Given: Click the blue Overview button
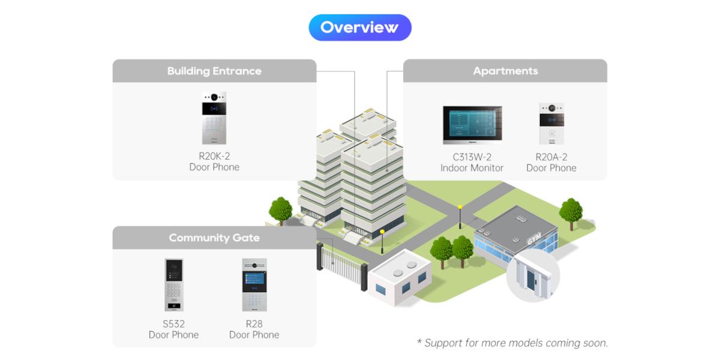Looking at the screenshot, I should (x=359, y=28).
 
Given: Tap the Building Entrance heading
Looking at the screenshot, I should (x=214, y=71).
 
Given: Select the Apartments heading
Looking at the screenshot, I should (x=505, y=71).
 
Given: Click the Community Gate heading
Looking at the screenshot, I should (x=214, y=238).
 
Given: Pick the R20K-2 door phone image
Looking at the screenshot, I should (x=214, y=118).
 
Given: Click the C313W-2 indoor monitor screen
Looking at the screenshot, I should (x=472, y=125).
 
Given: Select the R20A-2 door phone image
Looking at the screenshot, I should (x=551, y=124).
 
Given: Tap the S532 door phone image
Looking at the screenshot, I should (x=173, y=285).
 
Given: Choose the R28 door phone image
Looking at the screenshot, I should (x=254, y=285).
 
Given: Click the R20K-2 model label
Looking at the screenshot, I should (x=214, y=156).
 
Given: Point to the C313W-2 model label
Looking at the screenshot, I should (x=472, y=157).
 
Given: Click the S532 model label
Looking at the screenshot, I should (x=173, y=324).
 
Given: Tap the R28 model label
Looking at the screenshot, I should (x=254, y=324).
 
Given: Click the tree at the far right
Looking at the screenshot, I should (x=571, y=211).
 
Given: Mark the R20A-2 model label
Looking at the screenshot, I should (x=551, y=157).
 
